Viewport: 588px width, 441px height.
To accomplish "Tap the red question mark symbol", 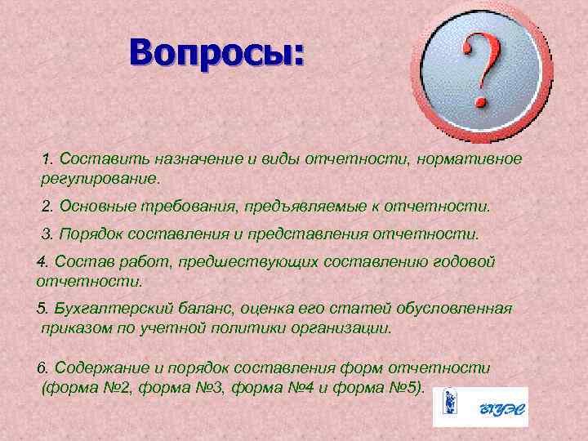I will pos(480,71).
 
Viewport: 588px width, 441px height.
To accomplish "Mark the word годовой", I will pos(463,263).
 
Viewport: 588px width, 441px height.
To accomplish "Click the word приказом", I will pos(75,328).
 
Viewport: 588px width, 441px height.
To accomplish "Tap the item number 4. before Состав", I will pos(43,263).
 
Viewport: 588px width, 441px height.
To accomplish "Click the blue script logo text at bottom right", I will pos(497,406).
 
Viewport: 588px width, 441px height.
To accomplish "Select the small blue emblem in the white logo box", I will pos(448,406).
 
